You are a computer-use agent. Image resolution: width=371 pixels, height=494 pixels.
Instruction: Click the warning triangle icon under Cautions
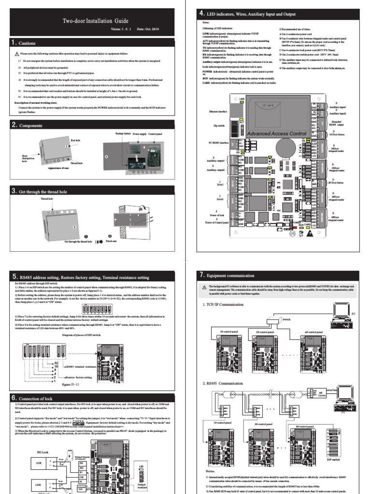[17, 54]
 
